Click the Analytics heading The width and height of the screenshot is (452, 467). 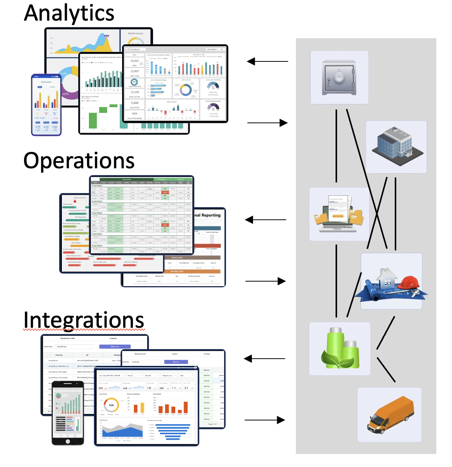point(69,13)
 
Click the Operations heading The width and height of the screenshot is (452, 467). point(79,161)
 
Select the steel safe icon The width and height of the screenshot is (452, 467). point(339,78)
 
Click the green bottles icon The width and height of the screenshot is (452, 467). point(340,348)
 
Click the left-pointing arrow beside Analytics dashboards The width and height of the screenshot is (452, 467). point(267,61)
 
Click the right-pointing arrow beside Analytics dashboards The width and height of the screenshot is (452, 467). point(268,123)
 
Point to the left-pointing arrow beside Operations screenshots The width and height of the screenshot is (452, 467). point(266,220)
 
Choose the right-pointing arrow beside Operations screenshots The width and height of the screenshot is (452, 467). point(266,281)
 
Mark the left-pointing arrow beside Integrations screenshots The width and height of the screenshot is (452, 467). point(264,359)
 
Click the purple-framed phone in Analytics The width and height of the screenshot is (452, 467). point(46,105)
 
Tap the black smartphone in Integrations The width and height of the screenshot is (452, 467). point(68,413)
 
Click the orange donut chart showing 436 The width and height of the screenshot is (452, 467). point(111,405)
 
